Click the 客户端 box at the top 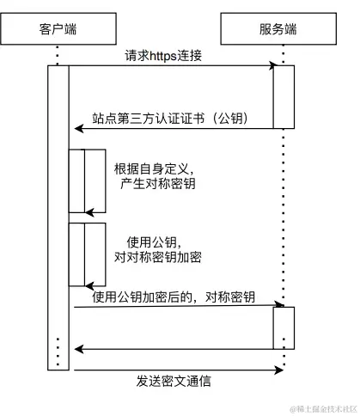(x=57, y=28)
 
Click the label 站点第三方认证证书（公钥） (x=171, y=118)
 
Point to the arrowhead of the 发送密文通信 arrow (x=279, y=370)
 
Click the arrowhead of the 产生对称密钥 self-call (x=88, y=212)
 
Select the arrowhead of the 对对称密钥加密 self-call (x=88, y=286)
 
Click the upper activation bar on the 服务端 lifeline (x=284, y=97)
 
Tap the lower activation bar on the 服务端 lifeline (x=284, y=327)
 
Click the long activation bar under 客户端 (x=58, y=215)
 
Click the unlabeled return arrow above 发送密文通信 (x=172, y=349)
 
